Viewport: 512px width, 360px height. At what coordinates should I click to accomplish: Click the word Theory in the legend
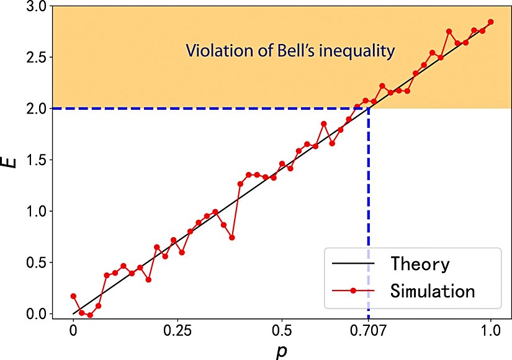tap(420, 264)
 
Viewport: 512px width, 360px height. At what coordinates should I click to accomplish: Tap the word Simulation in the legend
tap(433, 290)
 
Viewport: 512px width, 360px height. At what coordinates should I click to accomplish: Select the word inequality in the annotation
tap(358, 52)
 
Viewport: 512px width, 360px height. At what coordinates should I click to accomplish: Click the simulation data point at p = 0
tap(73, 296)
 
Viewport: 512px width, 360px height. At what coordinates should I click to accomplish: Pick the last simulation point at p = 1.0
tap(490, 22)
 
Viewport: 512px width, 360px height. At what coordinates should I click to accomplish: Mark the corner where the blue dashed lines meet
tap(369, 109)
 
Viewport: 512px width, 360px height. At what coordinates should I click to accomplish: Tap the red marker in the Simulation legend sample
tap(353, 290)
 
